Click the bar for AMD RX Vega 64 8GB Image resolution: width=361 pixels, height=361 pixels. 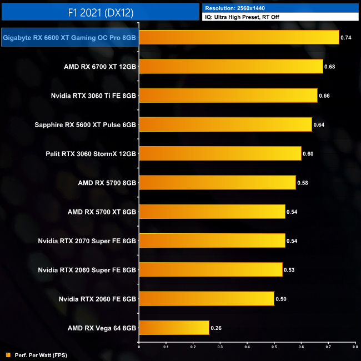174,328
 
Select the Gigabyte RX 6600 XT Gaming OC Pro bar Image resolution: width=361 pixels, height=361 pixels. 239,37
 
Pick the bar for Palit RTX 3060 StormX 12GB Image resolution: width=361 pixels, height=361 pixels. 220,153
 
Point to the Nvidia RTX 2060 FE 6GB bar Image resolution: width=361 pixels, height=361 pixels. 206,299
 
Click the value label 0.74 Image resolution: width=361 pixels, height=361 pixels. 346,38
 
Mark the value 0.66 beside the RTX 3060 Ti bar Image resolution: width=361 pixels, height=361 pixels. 324,96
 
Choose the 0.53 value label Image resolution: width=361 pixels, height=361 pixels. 289,270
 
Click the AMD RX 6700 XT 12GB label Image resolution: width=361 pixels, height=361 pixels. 100,67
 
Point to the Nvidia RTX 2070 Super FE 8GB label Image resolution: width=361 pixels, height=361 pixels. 87,241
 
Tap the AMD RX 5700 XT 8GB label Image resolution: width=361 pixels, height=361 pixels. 102,212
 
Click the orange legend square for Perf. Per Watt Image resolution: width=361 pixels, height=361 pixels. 8,354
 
